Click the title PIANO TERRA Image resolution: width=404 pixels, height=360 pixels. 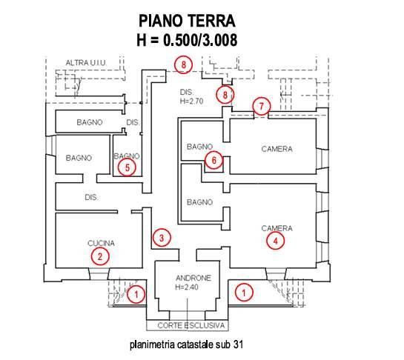point(187,21)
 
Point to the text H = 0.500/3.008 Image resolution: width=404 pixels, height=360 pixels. point(187,40)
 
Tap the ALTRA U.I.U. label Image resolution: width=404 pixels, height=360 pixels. point(86,62)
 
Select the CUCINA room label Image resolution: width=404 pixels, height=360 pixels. point(101,243)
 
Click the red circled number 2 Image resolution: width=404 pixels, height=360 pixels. point(100,256)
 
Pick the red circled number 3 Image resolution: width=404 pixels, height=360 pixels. point(162,238)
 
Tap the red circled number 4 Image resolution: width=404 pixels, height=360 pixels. point(276,241)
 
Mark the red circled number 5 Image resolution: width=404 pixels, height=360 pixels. point(127,167)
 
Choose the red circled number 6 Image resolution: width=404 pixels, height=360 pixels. point(213,160)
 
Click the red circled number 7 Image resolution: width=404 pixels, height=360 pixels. point(262,106)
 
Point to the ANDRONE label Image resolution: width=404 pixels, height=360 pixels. point(193,278)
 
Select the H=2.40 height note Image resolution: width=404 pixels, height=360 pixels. point(187,287)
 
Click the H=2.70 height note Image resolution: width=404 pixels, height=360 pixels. point(192,101)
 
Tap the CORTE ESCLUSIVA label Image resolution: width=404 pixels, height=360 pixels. point(191,325)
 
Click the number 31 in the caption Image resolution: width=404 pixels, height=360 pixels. point(238,344)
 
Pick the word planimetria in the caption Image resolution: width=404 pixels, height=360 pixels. point(152,344)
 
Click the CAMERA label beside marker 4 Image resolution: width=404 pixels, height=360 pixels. point(277,228)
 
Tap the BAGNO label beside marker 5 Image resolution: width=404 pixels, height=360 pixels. point(127,156)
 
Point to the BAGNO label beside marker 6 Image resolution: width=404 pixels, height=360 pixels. point(200,147)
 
